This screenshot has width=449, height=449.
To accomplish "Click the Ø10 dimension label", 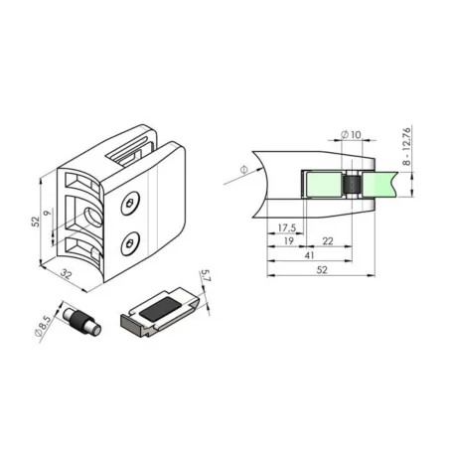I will coord(350,134).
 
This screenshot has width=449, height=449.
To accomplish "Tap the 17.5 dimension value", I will coord(289,226).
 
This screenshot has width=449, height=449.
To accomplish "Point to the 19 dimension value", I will coord(287,241).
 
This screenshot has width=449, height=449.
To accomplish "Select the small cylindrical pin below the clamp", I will coord(79,322).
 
